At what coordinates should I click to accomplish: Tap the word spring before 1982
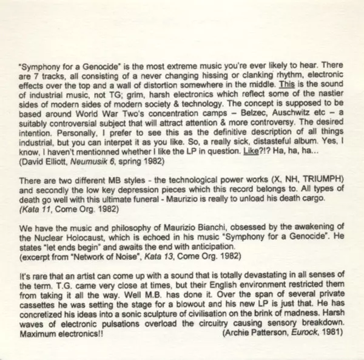[x=138, y=162]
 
